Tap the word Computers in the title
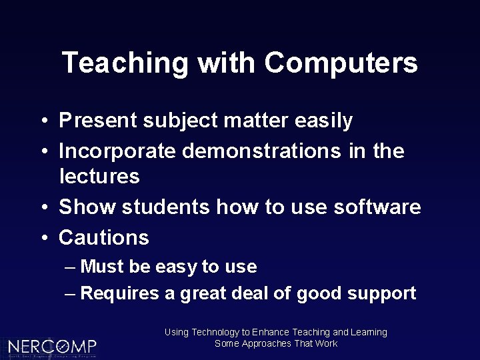[x=341, y=63]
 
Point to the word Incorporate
[x=117, y=151]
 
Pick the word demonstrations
[x=262, y=151]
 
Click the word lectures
[x=99, y=177]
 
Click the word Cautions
[x=104, y=237]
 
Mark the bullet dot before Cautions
[x=43, y=238]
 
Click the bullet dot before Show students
[x=43, y=208]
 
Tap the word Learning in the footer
[x=369, y=332]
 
